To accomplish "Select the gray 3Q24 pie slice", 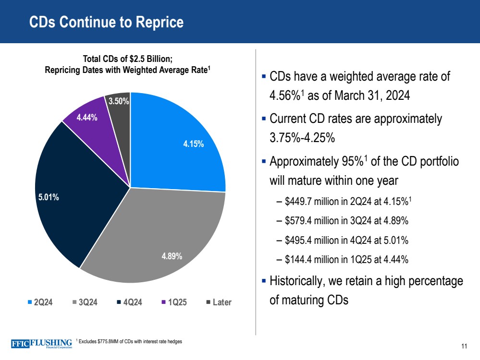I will click(x=163, y=235).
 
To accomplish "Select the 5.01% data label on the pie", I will click(x=49, y=196).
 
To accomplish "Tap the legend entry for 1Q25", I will click(x=175, y=302).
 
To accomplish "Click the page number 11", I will click(x=464, y=347).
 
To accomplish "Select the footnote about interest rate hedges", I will click(x=130, y=341).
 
